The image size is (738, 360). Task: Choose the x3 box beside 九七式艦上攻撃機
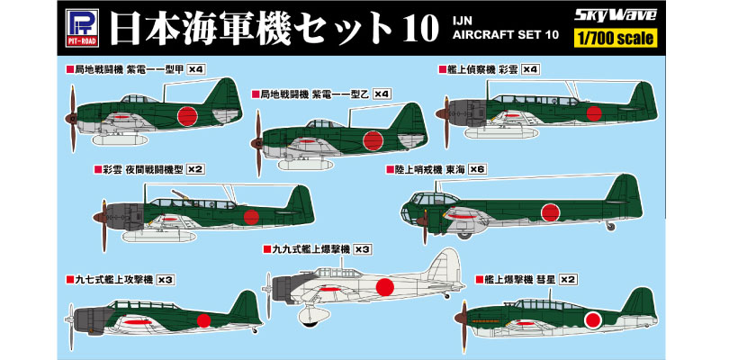point(165,280)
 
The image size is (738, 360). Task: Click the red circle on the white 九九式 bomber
point(384,287)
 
